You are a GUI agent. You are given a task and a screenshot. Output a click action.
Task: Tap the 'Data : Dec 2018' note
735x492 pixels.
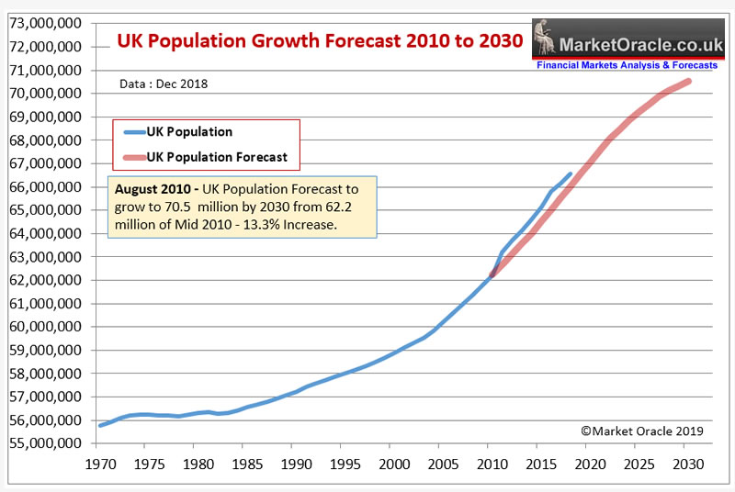click(x=164, y=84)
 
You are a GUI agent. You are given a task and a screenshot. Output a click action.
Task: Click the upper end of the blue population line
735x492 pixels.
click(x=570, y=173)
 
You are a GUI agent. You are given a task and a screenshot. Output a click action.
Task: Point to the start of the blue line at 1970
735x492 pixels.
click(x=99, y=425)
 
